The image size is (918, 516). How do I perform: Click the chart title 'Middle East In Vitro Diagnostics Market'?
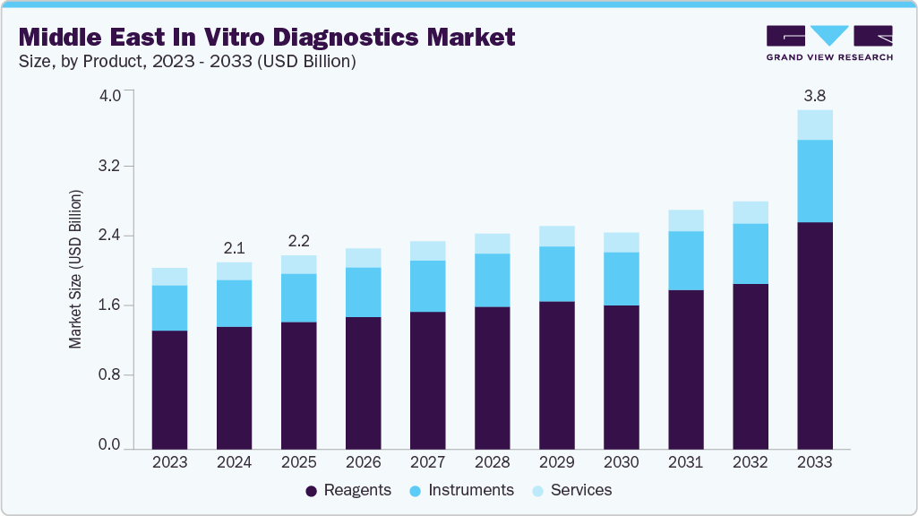tap(267, 37)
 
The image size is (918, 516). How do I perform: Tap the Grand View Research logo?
tap(828, 42)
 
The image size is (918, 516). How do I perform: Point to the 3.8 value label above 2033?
tap(814, 95)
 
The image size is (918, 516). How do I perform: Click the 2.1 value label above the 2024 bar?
tap(234, 247)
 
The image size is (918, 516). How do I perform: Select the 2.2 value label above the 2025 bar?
tap(298, 240)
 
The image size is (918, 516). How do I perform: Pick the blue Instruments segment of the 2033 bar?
tap(814, 181)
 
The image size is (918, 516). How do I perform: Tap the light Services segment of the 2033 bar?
tap(814, 125)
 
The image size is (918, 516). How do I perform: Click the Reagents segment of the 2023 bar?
tap(169, 389)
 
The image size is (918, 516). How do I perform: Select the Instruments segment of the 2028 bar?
tap(492, 280)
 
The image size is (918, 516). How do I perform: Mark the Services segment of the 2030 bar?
tap(621, 243)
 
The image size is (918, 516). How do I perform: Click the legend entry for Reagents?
tap(348, 490)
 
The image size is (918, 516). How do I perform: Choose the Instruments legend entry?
tap(461, 490)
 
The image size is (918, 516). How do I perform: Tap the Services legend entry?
tap(571, 490)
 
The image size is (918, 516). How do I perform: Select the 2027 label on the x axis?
tap(427, 463)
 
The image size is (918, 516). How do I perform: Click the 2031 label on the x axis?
tap(685, 463)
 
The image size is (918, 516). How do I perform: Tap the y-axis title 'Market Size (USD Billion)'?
tap(76, 269)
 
